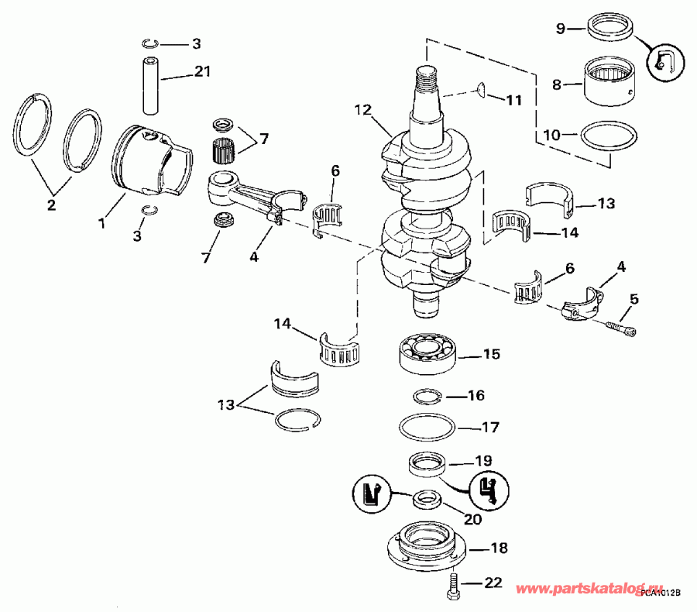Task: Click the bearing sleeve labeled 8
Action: (608, 82)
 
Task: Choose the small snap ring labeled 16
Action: (426, 397)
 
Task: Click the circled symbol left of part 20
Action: (372, 493)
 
